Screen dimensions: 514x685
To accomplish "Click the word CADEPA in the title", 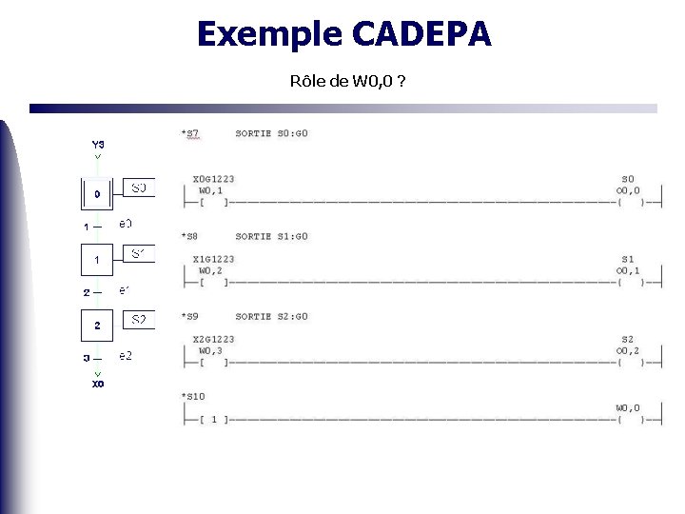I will (421, 34).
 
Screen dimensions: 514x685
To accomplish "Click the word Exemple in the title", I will (269, 34).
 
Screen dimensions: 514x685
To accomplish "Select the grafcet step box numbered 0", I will (96, 193).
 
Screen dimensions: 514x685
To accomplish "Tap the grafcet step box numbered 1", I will (96, 259).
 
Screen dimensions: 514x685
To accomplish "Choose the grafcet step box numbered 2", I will (96, 326).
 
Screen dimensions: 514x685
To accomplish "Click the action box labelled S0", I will (139, 188).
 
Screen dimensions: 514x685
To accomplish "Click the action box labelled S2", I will (139, 319).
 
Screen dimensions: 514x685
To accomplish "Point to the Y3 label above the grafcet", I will (98, 144).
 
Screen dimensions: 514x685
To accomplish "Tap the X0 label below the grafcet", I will (98, 384).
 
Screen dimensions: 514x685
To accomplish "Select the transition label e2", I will (126, 355).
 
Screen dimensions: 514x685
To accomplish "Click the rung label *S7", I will (190, 134).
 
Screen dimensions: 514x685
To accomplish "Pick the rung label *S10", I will (193, 396).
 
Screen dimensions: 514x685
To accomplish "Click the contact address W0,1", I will (210, 190).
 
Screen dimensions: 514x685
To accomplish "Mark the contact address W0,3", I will (210, 350).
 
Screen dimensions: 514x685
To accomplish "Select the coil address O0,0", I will (628, 190).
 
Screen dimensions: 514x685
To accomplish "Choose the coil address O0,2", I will (628, 350).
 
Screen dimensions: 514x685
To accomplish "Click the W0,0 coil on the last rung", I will (628, 408).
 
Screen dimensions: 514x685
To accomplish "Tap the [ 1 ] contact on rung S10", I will (213, 419).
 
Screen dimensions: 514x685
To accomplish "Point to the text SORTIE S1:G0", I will (272, 236).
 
